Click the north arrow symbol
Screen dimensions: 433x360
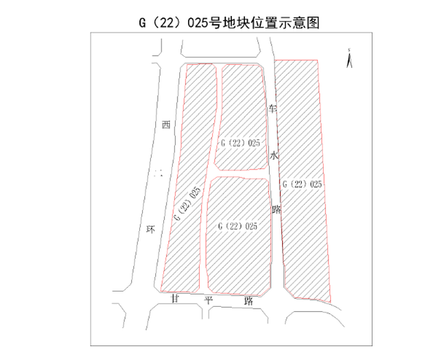click(349, 58)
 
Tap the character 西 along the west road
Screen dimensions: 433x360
click(165, 126)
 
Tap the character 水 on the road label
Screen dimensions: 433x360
click(275, 156)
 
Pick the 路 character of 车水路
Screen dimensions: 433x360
click(277, 209)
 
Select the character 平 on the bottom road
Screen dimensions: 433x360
click(208, 301)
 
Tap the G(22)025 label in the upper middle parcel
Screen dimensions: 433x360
click(240, 143)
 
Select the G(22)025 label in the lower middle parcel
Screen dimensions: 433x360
click(238, 226)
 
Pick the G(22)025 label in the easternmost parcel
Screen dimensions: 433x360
click(301, 184)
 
